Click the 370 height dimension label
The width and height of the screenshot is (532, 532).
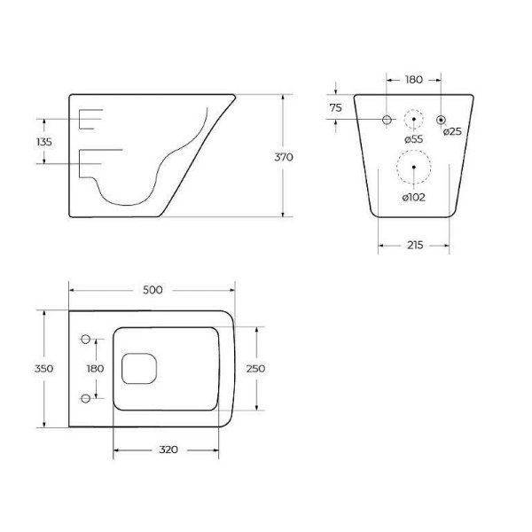point(283,156)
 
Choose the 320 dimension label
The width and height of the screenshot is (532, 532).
point(169,450)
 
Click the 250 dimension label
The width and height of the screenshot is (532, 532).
point(256,368)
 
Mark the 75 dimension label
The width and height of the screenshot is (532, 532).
point(336,108)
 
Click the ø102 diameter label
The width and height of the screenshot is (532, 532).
point(414,197)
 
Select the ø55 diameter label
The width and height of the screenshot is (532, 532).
point(413,139)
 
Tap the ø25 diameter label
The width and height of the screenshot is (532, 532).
point(452,132)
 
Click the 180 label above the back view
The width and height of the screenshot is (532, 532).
point(414,80)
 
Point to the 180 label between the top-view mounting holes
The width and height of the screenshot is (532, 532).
point(96,368)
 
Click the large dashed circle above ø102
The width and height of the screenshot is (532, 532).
point(414,167)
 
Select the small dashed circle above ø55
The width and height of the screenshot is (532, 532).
point(414,120)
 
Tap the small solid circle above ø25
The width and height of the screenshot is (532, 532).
point(442,120)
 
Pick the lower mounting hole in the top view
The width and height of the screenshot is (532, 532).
point(86,396)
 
